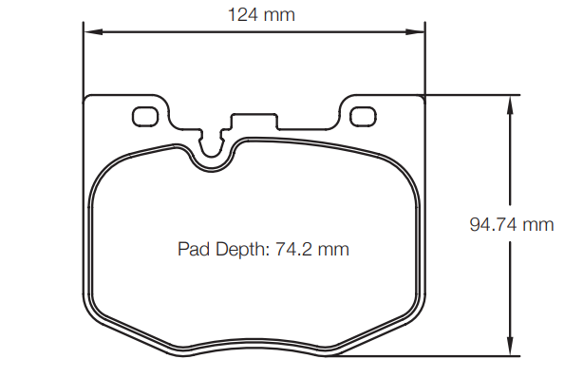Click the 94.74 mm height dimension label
point(511,225)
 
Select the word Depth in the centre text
point(239,250)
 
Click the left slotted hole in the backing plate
point(145,116)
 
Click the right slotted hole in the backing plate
point(363,116)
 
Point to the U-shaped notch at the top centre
point(212,152)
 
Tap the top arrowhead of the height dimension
point(511,103)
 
